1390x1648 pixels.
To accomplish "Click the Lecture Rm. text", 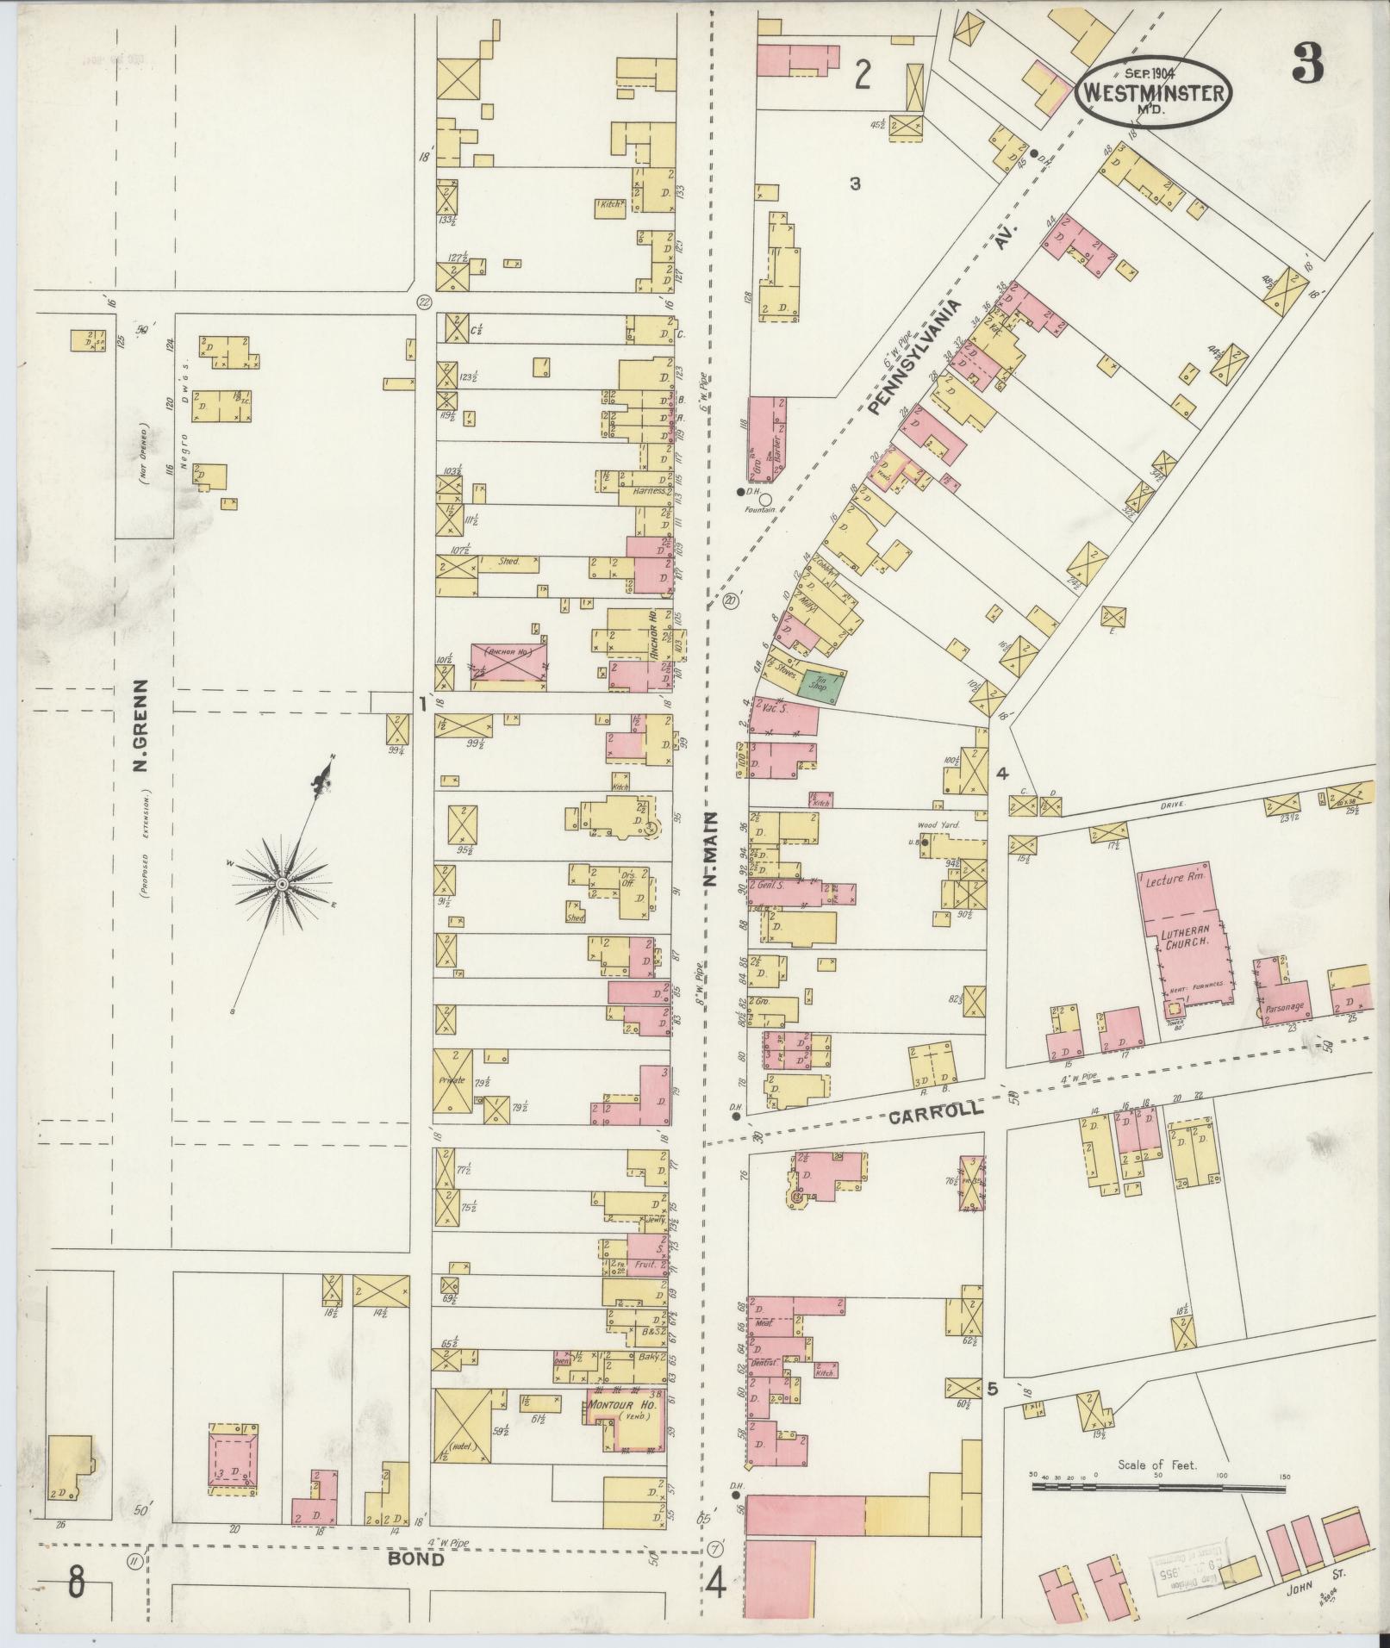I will click(x=1178, y=882).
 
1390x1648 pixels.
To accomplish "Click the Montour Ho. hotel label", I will click(x=621, y=1405).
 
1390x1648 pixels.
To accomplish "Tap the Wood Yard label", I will click(x=938, y=824).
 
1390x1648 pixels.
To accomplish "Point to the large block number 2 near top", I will click(x=862, y=78).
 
